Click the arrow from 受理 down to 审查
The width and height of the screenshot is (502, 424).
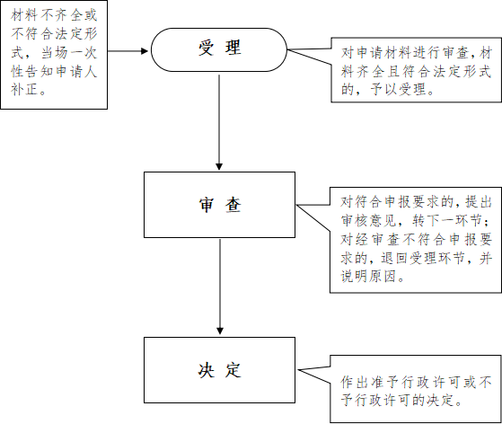[x=219, y=122]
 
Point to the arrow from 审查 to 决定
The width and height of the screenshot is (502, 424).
[x=220, y=287]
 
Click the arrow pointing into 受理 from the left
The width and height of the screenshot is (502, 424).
[x=128, y=50]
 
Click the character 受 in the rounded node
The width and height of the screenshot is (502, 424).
[x=206, y=48]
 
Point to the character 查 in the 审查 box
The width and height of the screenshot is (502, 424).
[x=233, y=205]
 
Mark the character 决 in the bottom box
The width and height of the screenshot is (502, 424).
[x=206, y=370]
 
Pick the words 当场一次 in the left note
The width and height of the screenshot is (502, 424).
[x=68, y=52]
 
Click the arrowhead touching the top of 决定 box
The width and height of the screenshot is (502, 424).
[x=220, y=331]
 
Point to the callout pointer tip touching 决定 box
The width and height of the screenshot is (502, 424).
[x=298, y=370]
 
